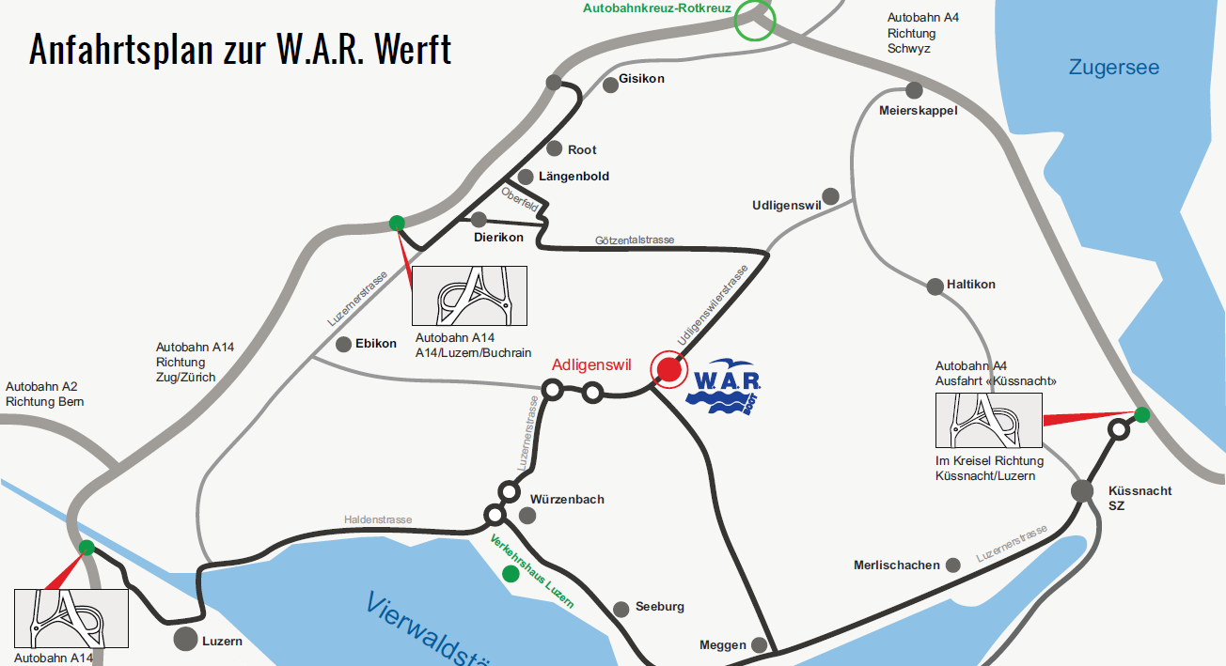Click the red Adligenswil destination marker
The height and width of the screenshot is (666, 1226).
(x=668, y=369)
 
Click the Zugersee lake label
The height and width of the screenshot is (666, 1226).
(x=1113, y=68)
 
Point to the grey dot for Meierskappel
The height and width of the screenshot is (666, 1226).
(x=914, y=90)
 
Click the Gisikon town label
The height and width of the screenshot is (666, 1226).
(x=641, y=79)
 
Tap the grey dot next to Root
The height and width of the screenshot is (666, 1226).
(x=554, y=148)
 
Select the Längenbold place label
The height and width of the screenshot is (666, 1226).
(x=574, y=177)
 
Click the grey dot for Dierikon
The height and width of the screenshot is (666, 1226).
(x=479, y=220)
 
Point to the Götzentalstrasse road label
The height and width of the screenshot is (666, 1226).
(x=635, y=240)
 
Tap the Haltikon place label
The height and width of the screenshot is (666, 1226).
(x=971, y=285)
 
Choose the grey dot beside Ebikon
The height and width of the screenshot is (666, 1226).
(x=342, y=344)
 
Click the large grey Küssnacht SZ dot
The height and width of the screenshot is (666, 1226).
(x=1082, y=490)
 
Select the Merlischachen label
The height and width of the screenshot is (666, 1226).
(x=896, y=565)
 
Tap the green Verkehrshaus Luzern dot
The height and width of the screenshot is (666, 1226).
(x=509, y=573)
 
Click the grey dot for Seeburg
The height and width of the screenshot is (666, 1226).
(x=621, y=609)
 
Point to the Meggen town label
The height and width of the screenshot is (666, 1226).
(x=723, y=645)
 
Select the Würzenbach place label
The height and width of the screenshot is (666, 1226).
(x=567, y=500)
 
